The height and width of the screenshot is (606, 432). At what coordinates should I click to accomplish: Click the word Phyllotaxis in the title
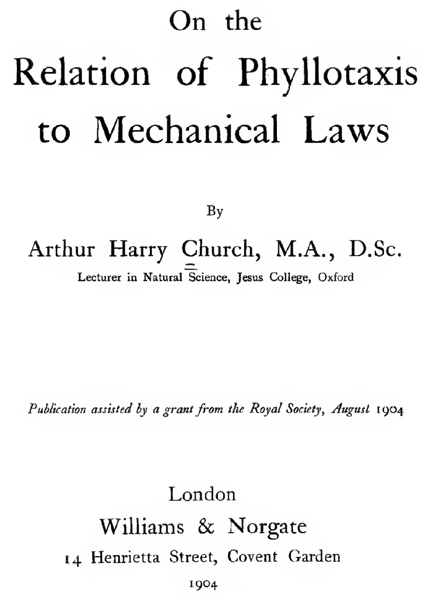point(328,73)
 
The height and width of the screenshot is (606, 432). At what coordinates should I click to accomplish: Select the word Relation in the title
point(82,72)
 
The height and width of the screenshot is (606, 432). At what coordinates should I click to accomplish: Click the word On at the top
point(187,22)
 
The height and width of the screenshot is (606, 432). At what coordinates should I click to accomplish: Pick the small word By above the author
point(215,211)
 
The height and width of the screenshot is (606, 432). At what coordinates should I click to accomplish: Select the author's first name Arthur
point(62,249)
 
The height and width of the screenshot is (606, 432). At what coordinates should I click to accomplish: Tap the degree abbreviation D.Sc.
point(375,249)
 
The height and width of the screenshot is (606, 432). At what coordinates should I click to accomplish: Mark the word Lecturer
point(99,277)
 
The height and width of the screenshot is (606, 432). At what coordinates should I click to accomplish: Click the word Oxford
point(336,277)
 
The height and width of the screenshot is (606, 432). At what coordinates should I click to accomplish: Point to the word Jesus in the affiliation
point(250,277)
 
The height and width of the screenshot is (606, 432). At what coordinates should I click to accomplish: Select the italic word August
point(350,409)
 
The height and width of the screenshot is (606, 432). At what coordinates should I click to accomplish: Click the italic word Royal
point(266,409)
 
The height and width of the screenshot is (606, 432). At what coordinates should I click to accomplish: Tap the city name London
point(202,494)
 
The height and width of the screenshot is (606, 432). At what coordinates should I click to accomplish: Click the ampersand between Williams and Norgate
point(206,526)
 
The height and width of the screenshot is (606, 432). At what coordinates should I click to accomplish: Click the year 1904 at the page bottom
point(203,585)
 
